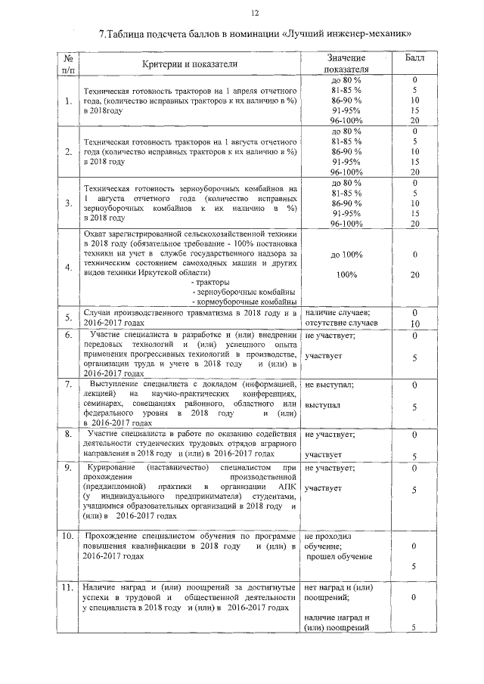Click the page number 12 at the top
coord(254,12)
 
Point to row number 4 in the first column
coord(68,268)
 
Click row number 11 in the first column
coord(68,587)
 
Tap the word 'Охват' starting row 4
coord(95,234)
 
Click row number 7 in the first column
coord(68,385)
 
